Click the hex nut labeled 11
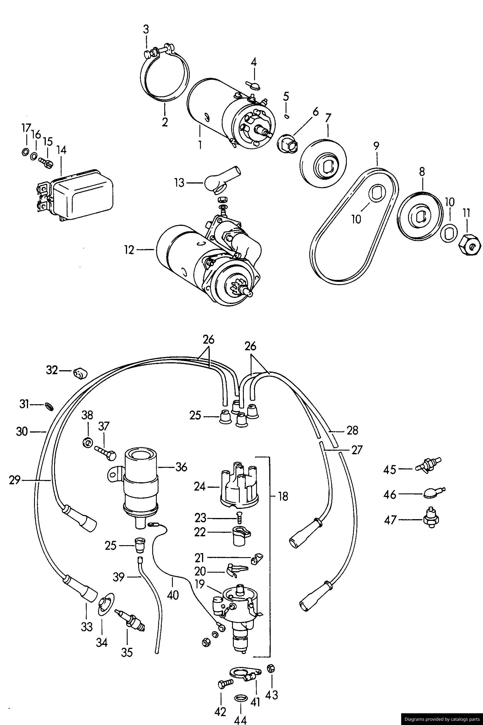470,240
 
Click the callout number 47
390,521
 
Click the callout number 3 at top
146,29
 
